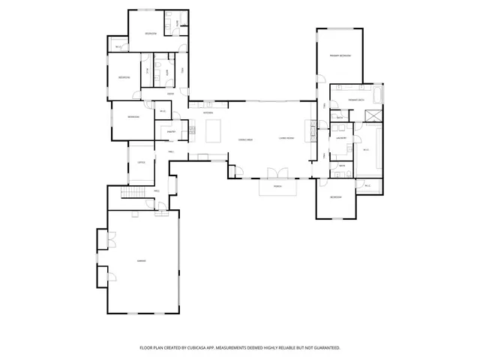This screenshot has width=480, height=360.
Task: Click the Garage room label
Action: coord(141,260)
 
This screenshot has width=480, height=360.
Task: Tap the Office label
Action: coord(140,163)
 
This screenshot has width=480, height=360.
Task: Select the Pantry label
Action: coord(171,131)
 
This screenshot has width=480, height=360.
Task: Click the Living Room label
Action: coord(286,139)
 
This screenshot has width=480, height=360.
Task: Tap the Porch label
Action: coord(277,186)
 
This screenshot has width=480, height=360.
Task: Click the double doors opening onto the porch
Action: coord(277,173)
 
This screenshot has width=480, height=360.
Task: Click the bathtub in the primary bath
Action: coord(376,95)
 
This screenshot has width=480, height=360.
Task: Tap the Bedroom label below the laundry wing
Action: coord(337,197)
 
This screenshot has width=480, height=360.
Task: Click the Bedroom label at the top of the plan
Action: coord(150,34)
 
